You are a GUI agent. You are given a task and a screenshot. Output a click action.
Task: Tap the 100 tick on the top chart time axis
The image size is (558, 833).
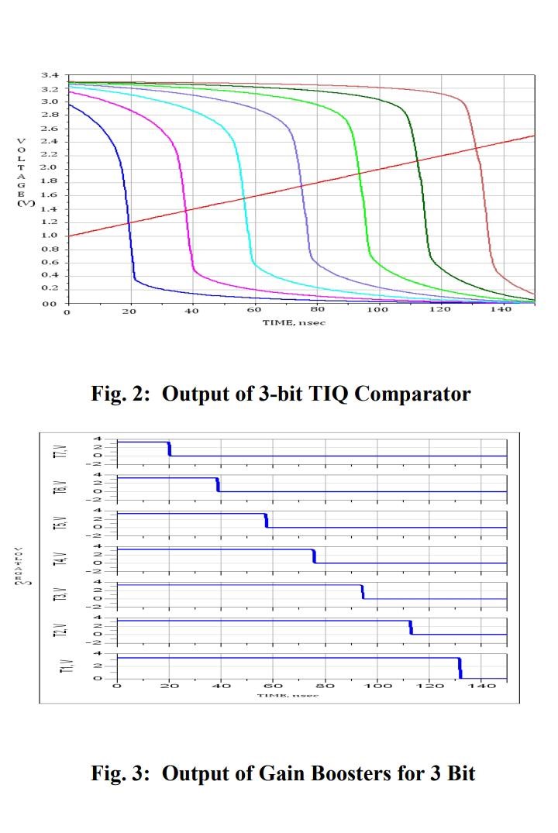point(377,311)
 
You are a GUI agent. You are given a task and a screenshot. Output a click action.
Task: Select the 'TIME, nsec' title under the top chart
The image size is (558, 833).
point(294,322)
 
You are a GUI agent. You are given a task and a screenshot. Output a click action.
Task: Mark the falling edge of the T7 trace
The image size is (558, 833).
point(170,449)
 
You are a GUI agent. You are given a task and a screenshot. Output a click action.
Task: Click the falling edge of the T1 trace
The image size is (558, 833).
point(460,668)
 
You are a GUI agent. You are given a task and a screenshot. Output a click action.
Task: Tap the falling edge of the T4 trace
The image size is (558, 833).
point(314,556)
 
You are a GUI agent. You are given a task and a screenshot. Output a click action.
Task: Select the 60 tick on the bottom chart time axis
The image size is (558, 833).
point(274,687)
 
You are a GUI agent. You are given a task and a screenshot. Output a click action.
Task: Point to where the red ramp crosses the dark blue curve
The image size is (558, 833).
point(129,223)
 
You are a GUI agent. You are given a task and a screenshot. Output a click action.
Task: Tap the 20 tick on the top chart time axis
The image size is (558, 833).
point(129,311)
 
